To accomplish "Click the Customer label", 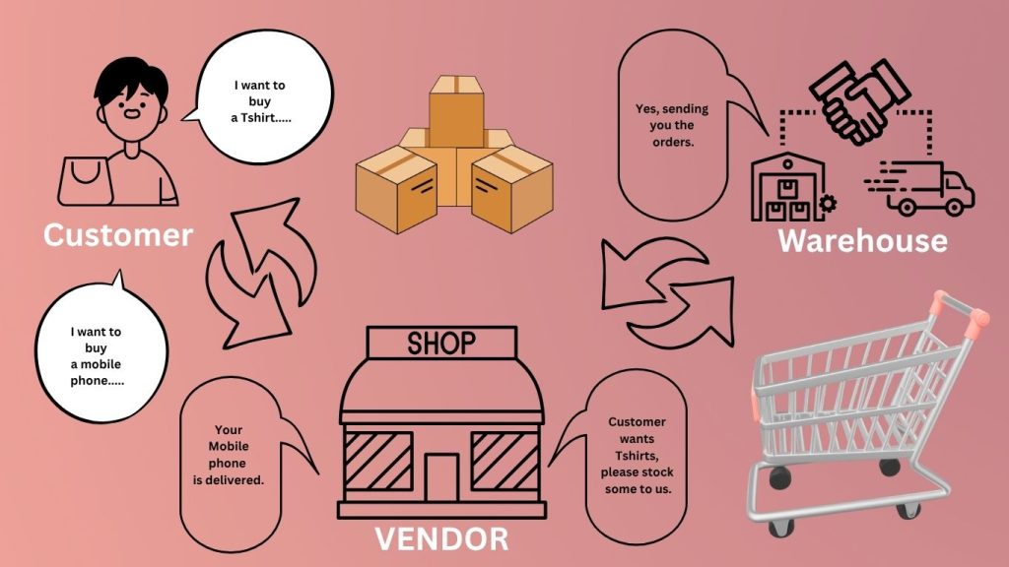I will [117, 235].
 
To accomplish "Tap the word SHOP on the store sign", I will [440, 343].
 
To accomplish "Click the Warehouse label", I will [862, 240].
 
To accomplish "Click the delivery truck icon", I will [922, 187].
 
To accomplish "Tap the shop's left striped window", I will [376, 462].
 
